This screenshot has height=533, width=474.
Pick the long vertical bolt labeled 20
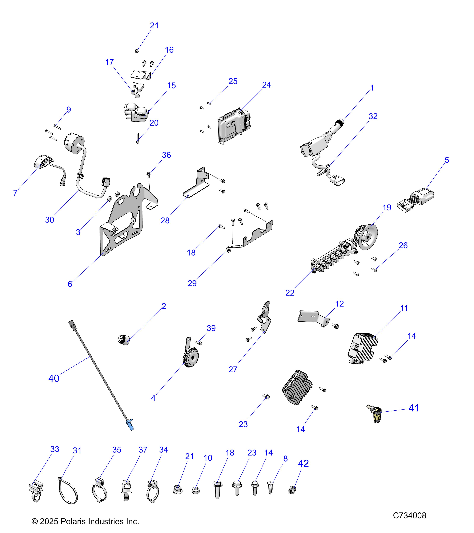pos(137,138)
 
